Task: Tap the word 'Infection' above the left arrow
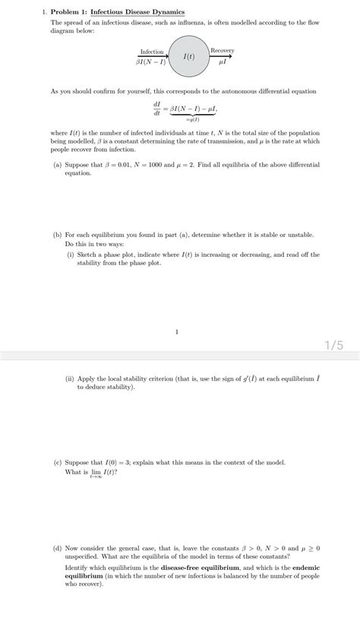coord(152,52)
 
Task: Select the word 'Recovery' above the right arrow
coord(222,50)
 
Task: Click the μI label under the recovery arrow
coord(222,61)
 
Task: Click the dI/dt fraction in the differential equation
coord(157,108)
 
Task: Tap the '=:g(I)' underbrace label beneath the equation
coord(192,119)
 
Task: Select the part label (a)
coord(58,164)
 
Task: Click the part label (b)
coord(58,236)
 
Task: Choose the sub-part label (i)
coord(70,255)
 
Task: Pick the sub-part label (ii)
coord(70,379)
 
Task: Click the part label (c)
coord(58,462)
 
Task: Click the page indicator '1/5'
coord(334,345)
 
